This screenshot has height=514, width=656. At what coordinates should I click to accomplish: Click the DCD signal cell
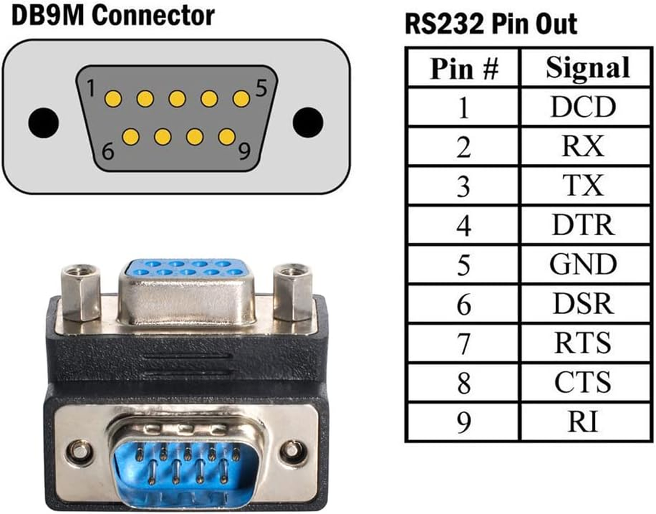pyautogui.click(x=583, y=107)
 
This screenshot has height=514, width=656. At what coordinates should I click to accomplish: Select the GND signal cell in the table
pyautogui.click(x=583, y=264)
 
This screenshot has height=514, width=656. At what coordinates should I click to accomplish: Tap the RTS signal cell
pyautogui.click(x=583, y=343)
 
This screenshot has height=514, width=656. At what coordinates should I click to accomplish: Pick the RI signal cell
pyautogui.click(x=583, y=422)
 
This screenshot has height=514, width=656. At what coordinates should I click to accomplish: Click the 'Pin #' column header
pyautogui.click(x=463, y=68)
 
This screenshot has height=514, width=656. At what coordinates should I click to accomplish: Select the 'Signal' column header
pyautogui.click(x=587, y=67)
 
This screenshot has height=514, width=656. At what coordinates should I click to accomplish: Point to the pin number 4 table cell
pyautogui.click(x=463, y=226)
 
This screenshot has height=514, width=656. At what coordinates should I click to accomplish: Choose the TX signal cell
pyautogui.click(x=583, y=186)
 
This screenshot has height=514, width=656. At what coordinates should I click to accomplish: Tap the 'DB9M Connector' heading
pyautogui.click(x=113, y=15)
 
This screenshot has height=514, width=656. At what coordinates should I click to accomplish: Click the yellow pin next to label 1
pyautogui.click(x=113, y=98)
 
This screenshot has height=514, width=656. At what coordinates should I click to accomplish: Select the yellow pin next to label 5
pyautogui.click(x=241, y=98)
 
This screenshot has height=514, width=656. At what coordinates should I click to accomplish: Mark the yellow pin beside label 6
pyautogui.click(x=130, y=136)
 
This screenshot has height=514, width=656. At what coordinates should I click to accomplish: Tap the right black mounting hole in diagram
pyautogui.click(x=307, y=120)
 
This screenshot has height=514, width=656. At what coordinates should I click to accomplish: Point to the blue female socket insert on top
pyautogui.click(x=187, y=269)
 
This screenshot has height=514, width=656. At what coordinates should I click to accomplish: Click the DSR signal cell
pyautogui.click(x=583, y=304)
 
